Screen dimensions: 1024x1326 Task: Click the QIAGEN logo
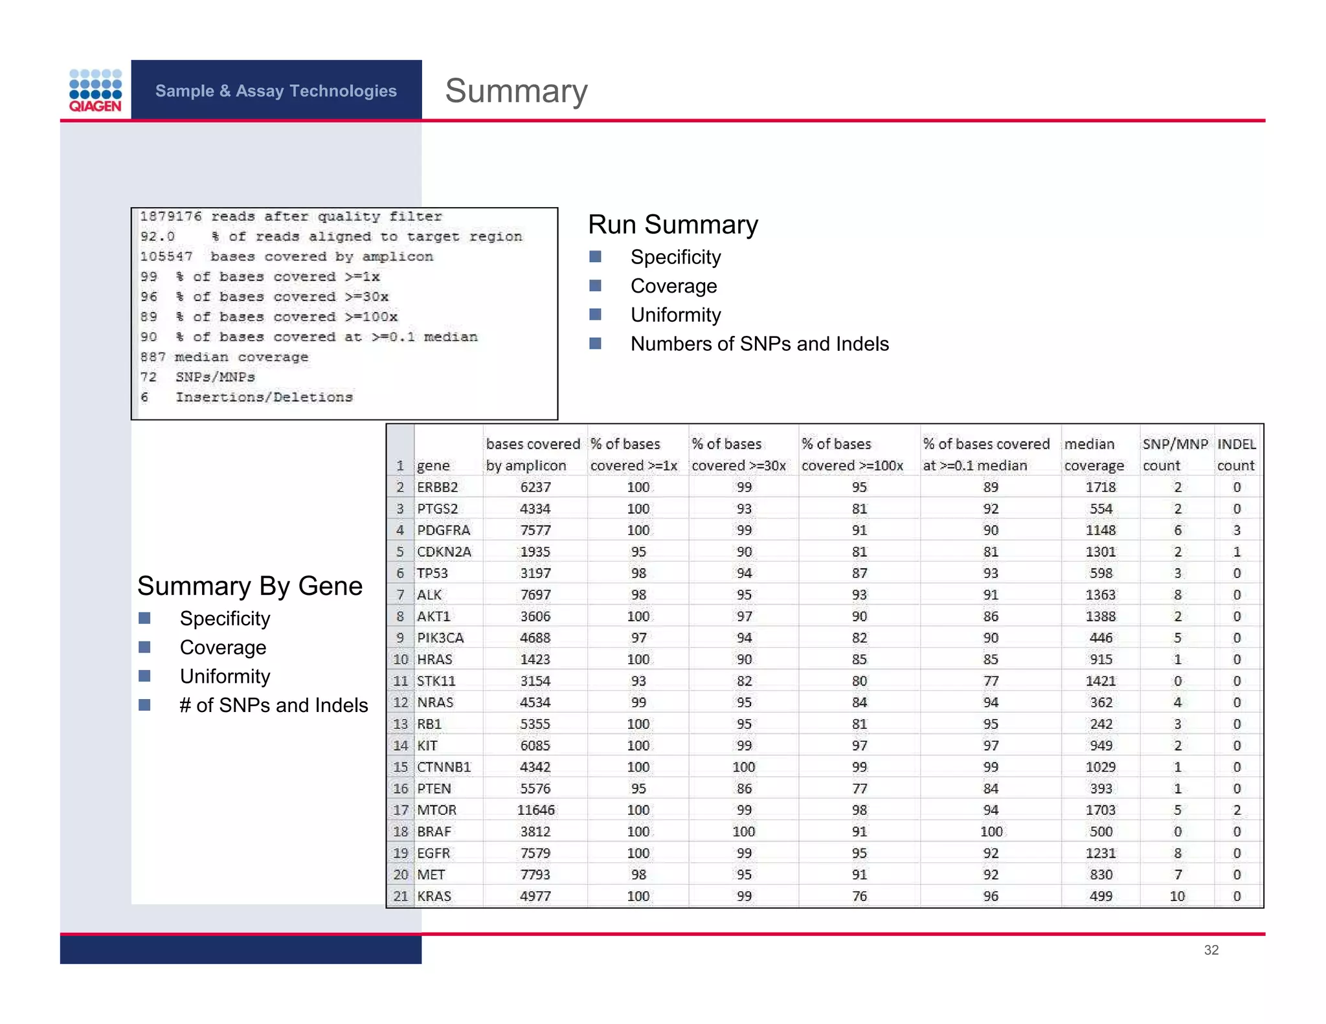pos(95,91)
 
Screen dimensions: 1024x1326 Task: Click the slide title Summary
pos(516,91)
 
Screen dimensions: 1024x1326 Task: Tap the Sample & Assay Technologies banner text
pos(276,91)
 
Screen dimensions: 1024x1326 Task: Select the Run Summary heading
pos(673,225)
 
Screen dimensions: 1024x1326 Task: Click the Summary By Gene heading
pos(250,586)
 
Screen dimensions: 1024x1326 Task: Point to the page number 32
pos(1211,950)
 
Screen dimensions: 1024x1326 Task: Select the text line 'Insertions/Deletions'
pos(264,397)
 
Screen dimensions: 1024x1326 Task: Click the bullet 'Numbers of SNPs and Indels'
pos(759,344)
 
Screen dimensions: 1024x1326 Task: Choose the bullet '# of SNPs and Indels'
pos(273,705)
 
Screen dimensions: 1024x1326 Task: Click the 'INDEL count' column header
pos(1236,454)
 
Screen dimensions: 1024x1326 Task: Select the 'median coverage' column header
pos(1094,454)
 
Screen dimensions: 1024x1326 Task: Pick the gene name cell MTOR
pos(437,810)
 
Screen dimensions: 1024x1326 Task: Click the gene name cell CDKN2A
pos(444,551)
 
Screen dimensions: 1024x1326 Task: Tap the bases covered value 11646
pos(535,810)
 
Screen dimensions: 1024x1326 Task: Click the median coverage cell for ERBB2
pos(1101,487)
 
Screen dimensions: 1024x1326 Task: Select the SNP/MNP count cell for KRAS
pos(1177,896)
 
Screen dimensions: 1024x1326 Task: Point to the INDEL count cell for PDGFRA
pos(1237,530)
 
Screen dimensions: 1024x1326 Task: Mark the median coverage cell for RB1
pos(1101,724)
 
